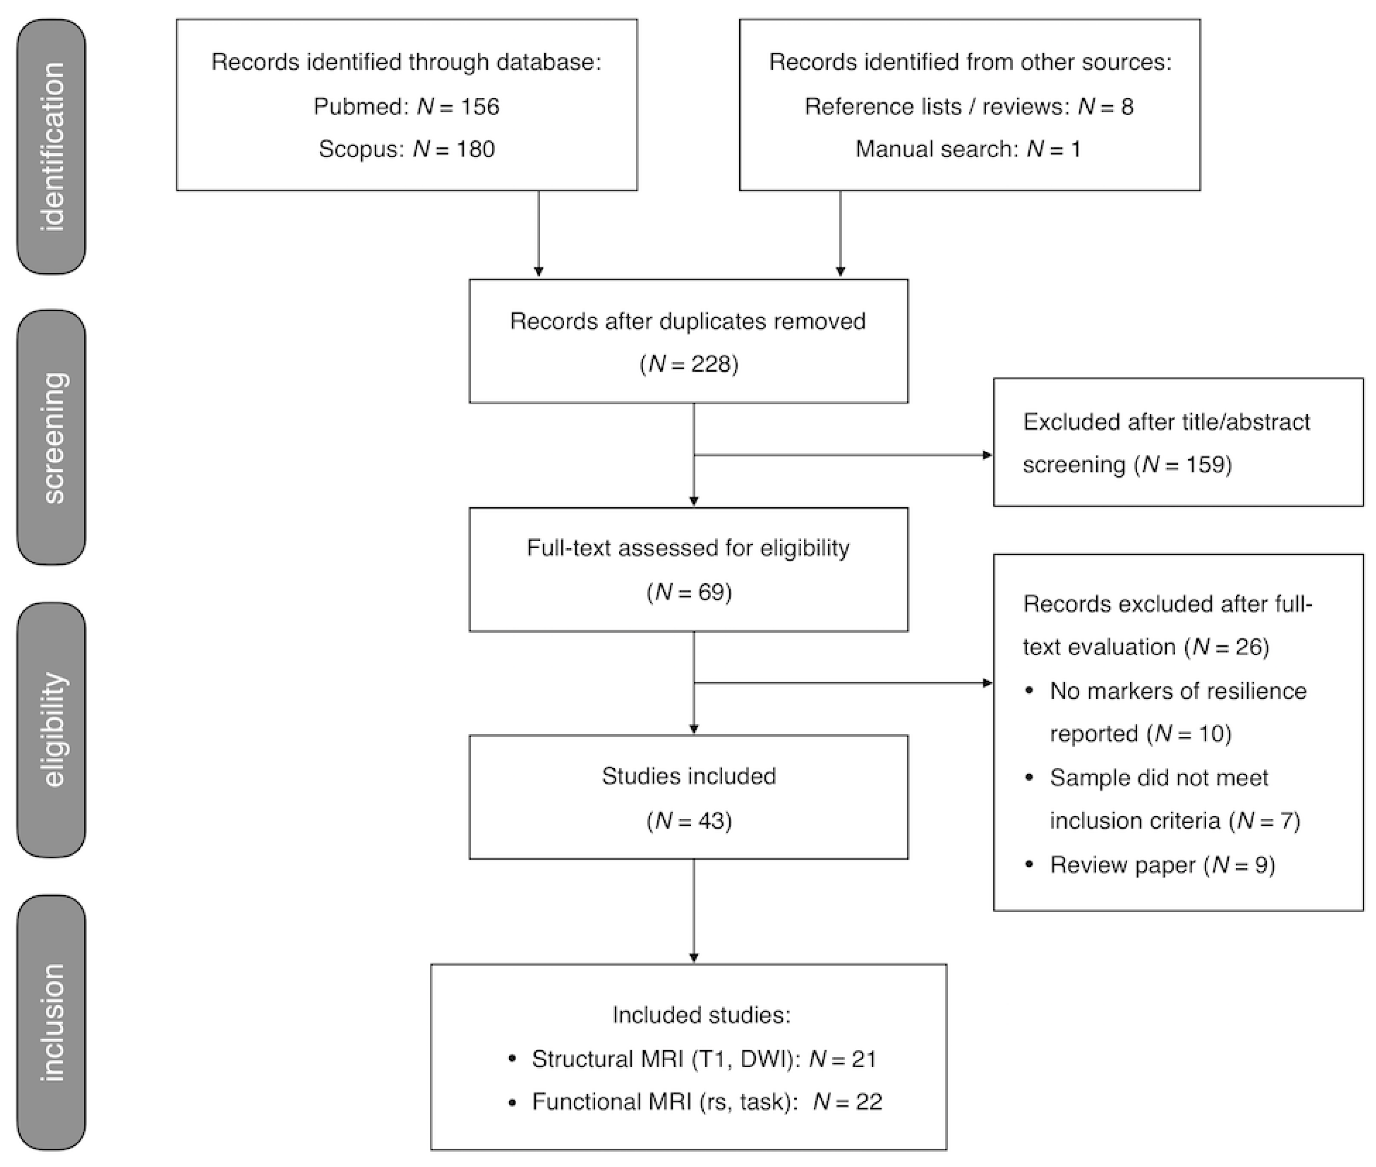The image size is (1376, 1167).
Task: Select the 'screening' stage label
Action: [52, 437]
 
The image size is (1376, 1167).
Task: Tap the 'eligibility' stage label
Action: [52, 730]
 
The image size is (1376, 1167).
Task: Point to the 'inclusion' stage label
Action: [52, 1022]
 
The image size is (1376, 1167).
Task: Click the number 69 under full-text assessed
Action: [711, 591]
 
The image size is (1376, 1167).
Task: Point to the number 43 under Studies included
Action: [711, 821]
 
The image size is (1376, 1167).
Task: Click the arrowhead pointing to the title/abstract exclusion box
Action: [987, 455]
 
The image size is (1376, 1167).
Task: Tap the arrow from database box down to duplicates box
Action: [538, 235]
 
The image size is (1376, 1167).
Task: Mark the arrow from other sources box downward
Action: [840, 235]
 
